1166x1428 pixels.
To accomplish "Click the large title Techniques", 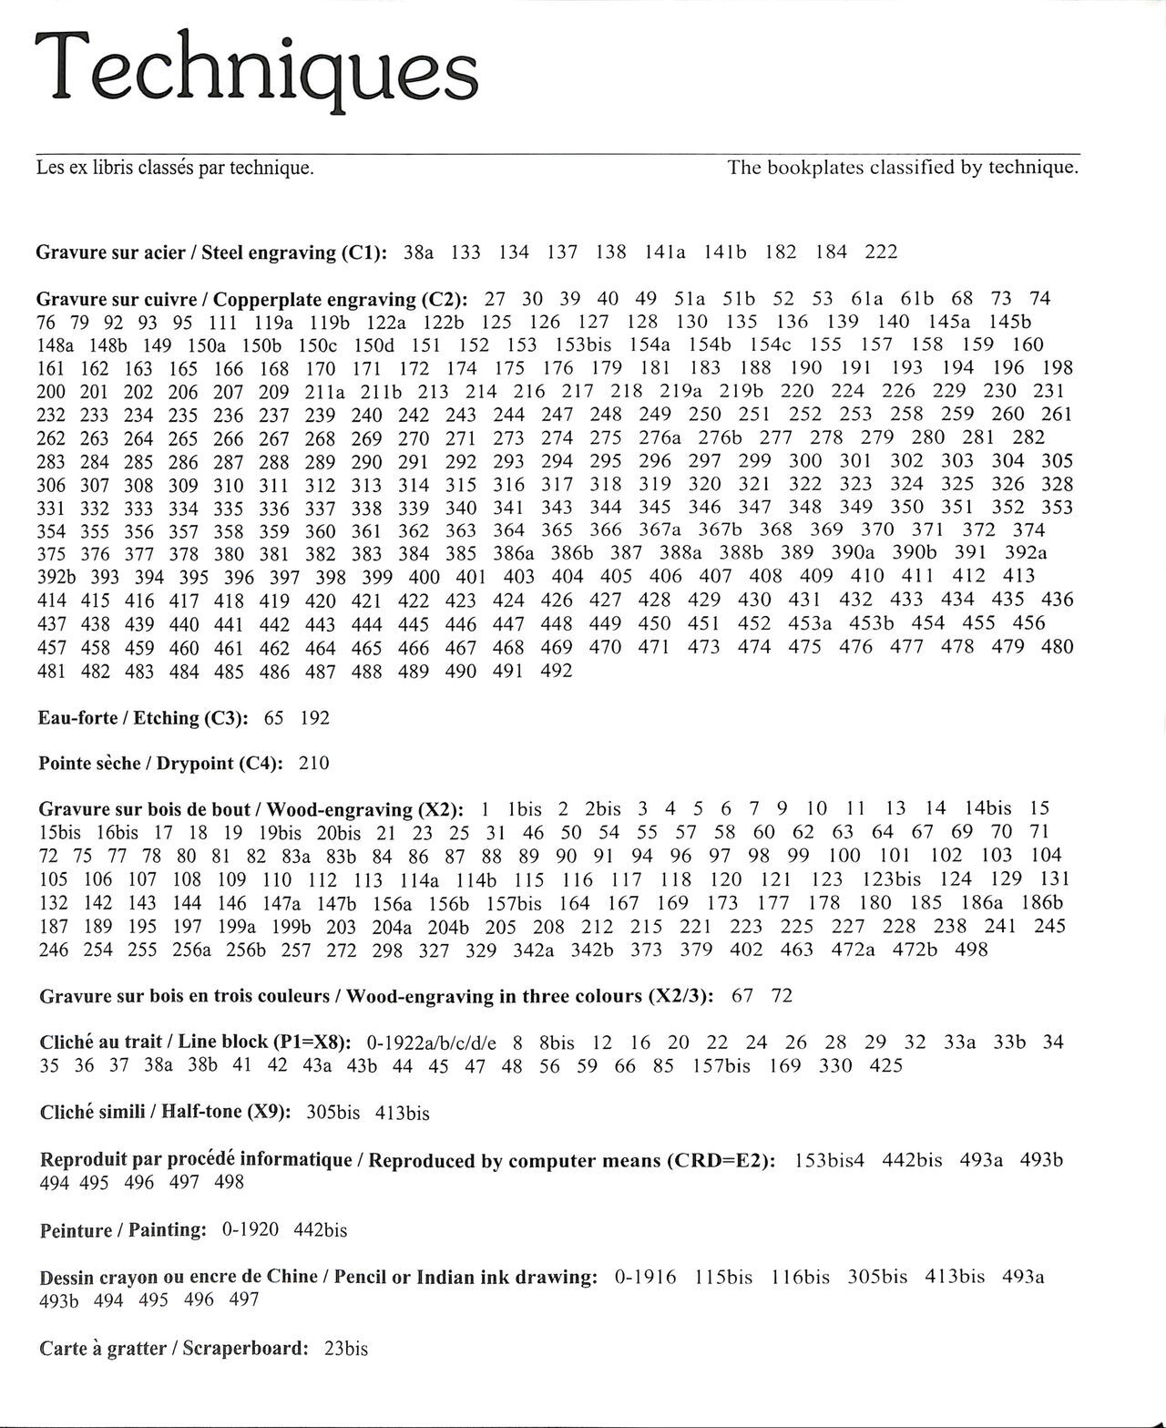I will pyautogui.click(x=256, y=69).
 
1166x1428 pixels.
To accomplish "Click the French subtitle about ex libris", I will pyautogui.click(x=175, y=168).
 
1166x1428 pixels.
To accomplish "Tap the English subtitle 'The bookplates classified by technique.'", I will pyautogui.click(x=903, y=168).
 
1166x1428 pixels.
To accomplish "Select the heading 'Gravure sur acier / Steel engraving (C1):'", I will pyautogui.click(x=212, y=252).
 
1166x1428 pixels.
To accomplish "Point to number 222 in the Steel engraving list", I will pyautogui.click(x=881, y=252).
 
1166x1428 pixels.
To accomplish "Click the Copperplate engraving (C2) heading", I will pyautogui.click(x=251, y=299).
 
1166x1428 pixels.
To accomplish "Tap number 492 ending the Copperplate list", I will pyautogui.click(x=556, y=671).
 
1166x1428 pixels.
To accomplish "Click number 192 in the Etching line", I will pyautogui.click(x=313, y=718).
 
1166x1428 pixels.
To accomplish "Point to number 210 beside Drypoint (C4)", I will pyautogui.click(x=313, y=764).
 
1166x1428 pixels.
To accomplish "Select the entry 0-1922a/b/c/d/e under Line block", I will pyautogui.click(x=431, y=1043).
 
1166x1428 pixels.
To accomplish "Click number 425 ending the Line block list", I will pyautogui.click(x=885, y=1065).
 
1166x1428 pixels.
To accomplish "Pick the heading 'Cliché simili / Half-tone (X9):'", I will pyautogui.click(x=165, y=1113).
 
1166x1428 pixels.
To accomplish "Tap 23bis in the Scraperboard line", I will pyautogui.click(x=345, y=1349).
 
